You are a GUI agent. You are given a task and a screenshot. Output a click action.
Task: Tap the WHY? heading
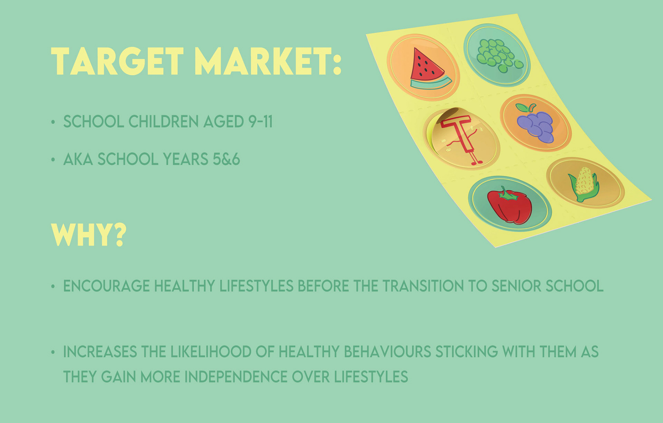click(89, 235)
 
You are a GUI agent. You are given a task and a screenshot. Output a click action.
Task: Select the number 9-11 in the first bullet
click(261, 121)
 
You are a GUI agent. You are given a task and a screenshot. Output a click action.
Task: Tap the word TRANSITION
click(423, 286)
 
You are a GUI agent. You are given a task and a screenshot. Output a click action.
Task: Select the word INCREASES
click(100, 352)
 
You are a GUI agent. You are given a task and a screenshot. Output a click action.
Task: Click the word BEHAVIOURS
click(387, 352)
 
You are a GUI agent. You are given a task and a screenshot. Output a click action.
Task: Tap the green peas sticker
click(497, 55)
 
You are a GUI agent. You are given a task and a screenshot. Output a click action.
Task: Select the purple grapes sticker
click(536, 123)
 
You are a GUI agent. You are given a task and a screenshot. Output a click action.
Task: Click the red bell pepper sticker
click(509, 204)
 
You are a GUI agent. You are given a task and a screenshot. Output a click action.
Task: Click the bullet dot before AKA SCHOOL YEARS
click(53, 160)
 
